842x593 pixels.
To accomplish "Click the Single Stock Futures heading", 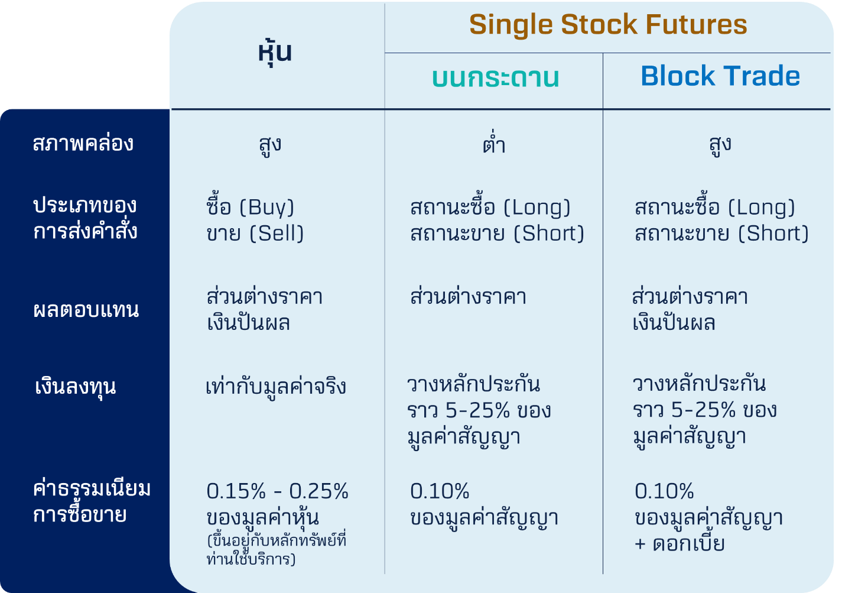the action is coord(608,24).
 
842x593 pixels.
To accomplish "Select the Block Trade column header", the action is coord(720,76).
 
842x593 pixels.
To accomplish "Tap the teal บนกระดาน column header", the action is coord(495,78).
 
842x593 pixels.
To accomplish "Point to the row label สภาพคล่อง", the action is coord(83,143).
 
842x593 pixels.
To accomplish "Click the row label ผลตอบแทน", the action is coord(86,310).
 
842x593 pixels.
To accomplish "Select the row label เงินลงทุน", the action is coord(75,387).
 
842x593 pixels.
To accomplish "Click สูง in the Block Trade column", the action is coord(720,145).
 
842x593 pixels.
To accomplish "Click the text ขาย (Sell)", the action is coord(255,233).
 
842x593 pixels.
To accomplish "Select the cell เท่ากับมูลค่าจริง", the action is coord(275,387).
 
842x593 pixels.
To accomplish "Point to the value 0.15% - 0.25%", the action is coord(277,491).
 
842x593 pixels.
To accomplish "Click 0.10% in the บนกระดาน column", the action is coord(440,491).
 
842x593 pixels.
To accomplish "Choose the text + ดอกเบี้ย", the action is coord(680,543).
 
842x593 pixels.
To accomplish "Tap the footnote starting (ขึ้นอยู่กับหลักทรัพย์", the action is coord(277,549).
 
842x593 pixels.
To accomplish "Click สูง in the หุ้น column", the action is coord(270,145).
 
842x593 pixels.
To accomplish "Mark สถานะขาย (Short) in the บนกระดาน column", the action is coord(498,233).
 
